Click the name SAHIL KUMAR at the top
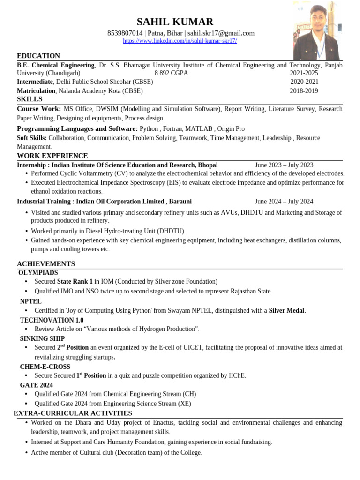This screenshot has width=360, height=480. [175, 22]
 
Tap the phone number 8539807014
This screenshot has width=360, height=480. [125, 33]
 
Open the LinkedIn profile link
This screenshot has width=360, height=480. [180, 41]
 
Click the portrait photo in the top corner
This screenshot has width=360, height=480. [316, 30]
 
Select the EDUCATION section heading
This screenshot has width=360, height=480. [38, 56]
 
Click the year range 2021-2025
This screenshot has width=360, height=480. [304, 73]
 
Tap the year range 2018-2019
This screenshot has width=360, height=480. [304, 91]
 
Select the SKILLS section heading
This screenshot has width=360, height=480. [30, 99]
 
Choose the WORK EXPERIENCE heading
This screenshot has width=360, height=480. [52, 156]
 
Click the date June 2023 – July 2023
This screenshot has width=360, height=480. [284, 165]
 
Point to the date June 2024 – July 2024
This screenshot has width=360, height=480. [284, 202]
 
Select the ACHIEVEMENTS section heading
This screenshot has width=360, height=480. [46, 264]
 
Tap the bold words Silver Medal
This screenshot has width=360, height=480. [287, 310]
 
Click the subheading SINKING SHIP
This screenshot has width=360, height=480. [42, 338]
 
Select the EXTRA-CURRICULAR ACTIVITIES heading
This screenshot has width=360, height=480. [73, 413]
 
